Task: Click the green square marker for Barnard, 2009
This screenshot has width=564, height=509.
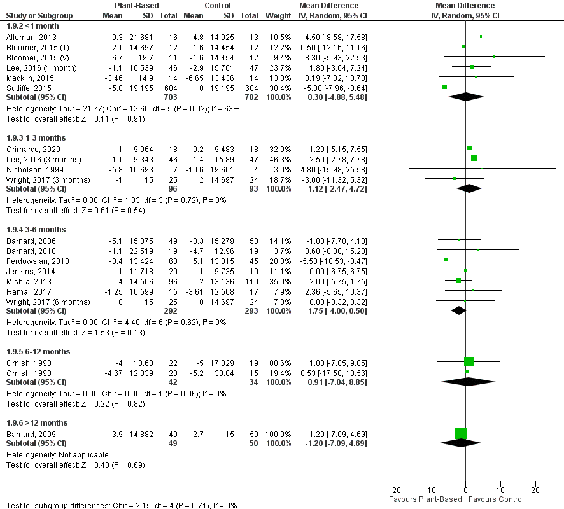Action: click(461, 433)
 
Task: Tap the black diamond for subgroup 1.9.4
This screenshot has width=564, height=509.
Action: click(458, 310)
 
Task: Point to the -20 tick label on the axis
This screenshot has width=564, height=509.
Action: click(395, 491)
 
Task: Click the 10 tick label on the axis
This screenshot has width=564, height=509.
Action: click(500, 491)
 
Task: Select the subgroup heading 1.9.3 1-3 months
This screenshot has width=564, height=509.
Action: click(37, 137)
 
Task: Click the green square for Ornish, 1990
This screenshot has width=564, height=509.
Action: click(469, 362)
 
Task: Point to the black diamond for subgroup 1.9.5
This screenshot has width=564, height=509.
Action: click(469, 382)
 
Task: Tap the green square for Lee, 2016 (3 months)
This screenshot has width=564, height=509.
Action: click(474, 158)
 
